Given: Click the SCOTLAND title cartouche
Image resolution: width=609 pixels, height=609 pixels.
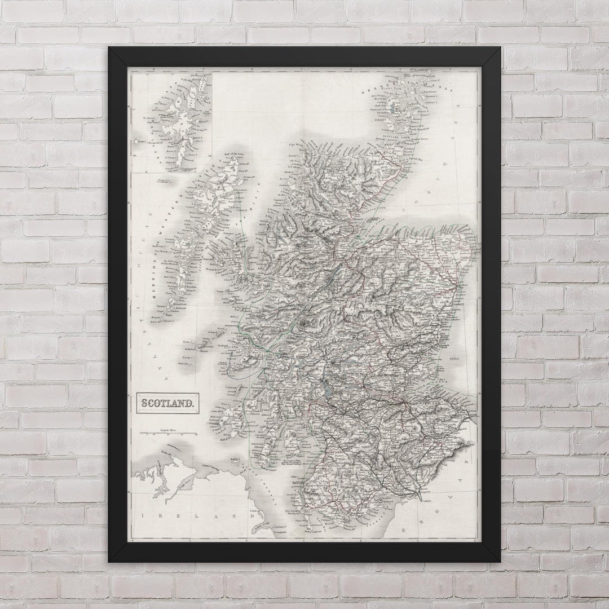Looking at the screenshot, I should pos(167,403).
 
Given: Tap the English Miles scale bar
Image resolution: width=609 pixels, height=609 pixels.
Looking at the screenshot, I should pos(169,433).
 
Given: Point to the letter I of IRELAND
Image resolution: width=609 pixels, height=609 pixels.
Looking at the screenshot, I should pos(144,516).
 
